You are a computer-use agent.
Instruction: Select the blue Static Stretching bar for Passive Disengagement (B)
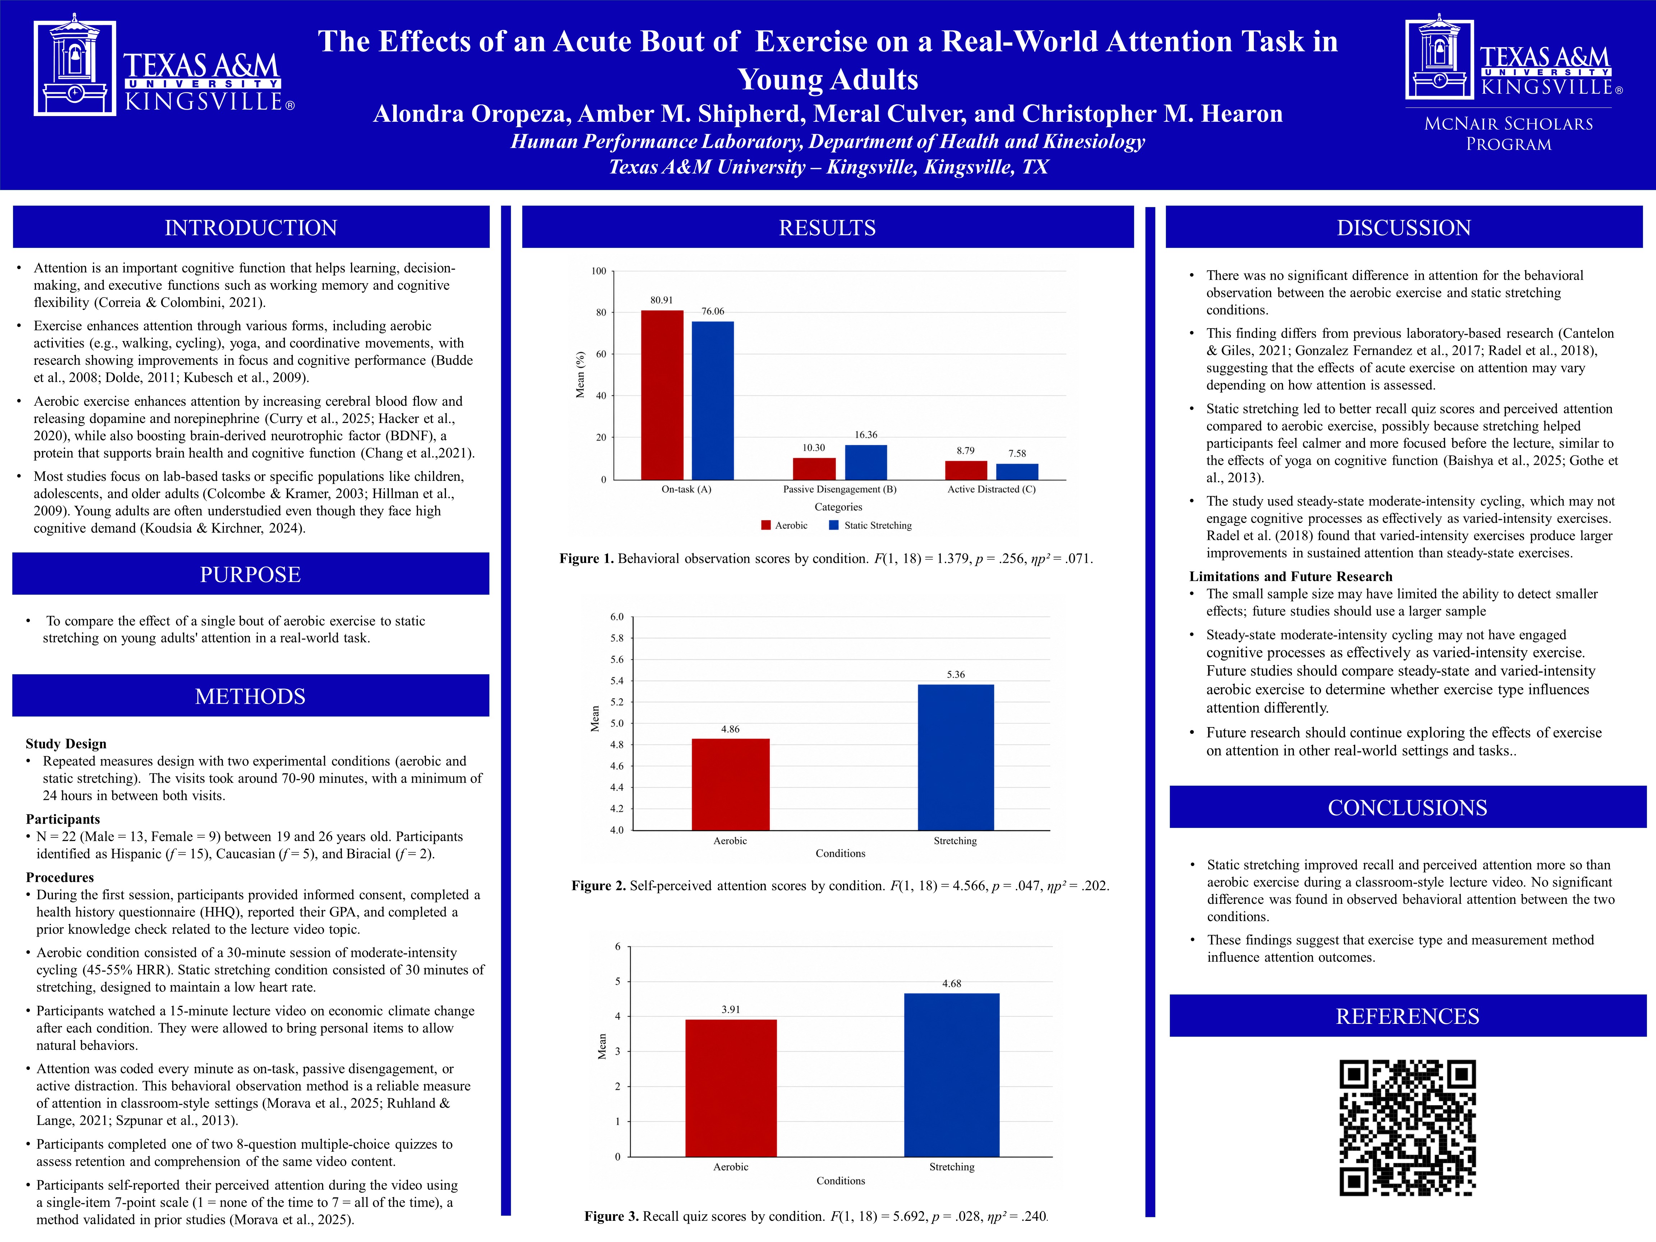point(866,462)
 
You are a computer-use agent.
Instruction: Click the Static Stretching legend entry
point(871,525)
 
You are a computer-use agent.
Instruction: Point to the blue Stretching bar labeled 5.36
point(956,757)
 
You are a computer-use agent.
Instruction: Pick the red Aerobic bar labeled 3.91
point(731,1088)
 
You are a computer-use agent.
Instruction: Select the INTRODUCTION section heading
point(251,227)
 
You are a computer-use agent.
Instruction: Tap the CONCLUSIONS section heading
point(1407,808)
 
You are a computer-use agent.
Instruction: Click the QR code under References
point(1407,1127)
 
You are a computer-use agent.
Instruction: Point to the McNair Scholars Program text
point(1509,133)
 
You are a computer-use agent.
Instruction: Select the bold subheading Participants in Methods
point(63,819)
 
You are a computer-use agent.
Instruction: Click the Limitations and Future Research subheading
point(1291,576)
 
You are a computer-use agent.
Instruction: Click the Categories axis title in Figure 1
point(838,507)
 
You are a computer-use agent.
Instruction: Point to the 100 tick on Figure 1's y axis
point(599,271)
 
